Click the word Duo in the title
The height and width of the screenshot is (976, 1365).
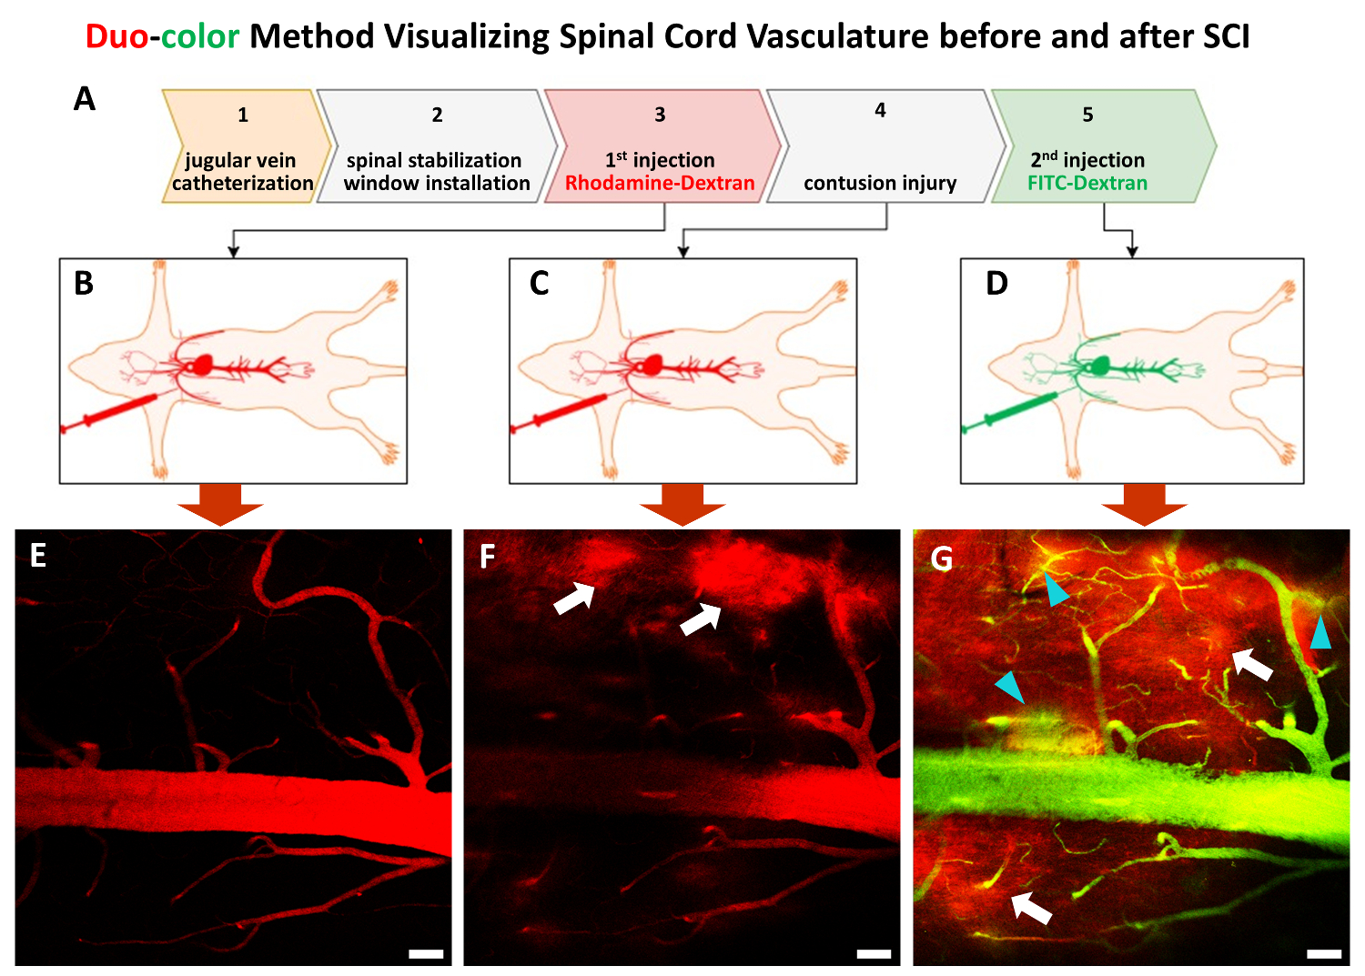coord(116,36)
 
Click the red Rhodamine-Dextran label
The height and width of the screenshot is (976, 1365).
coord(660,183)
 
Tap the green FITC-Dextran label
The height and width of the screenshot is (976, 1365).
coord(1087,183)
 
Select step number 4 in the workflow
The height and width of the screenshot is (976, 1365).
coord(880,110)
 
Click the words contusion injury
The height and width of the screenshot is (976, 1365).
coord(880,183)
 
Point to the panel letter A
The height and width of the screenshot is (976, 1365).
coord(85,98)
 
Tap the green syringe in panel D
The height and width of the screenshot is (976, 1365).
coord(1010,411)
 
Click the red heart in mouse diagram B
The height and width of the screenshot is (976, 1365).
coord(201,366)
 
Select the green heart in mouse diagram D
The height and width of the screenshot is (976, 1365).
coord(1100,366)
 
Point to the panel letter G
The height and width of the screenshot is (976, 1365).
coord(942,558)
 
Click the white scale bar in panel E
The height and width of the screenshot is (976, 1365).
coord(426,954)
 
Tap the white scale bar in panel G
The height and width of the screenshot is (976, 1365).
coord(1324,954)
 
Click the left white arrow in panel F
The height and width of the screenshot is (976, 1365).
coord(574,599)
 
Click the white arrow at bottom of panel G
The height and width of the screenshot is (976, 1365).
coord(1032,907)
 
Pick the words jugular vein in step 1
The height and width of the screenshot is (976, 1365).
coord(240,160)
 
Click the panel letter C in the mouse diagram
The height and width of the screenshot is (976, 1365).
coord(539,284)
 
